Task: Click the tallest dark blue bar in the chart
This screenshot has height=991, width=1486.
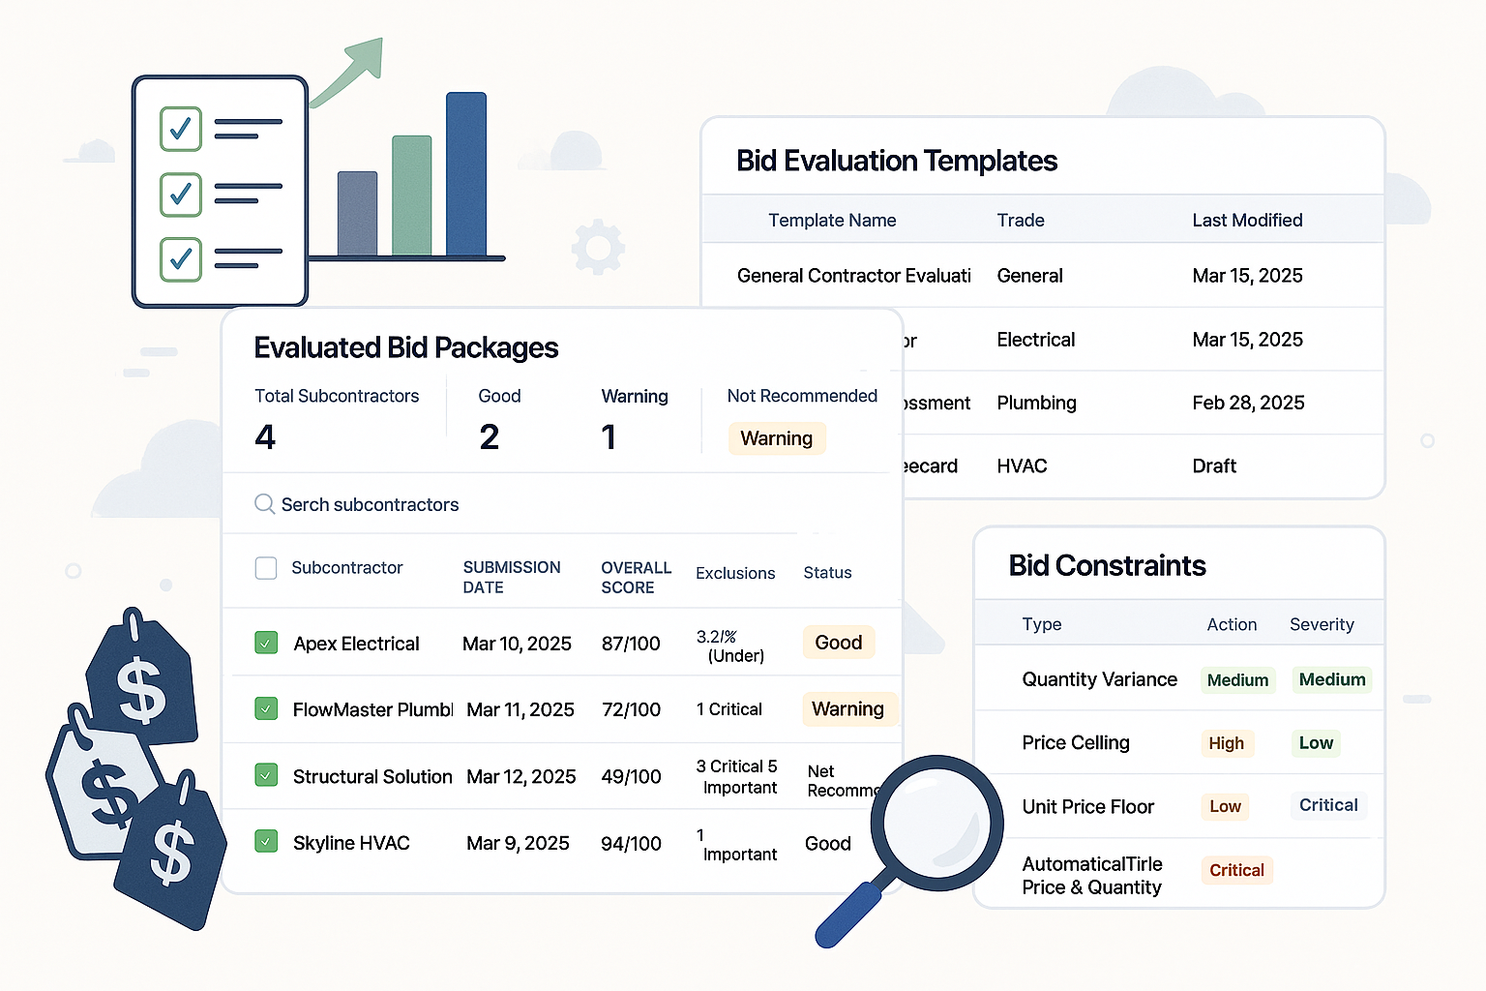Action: click(466, 174)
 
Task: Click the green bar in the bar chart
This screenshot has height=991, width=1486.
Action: click(411, 195)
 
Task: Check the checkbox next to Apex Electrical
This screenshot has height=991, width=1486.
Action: click(266, 643)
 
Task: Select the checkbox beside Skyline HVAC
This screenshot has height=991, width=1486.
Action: click(266, 842)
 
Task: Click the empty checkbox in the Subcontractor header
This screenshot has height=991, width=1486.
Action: click(266, 568)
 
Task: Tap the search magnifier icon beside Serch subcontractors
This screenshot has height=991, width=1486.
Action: click(264, 504)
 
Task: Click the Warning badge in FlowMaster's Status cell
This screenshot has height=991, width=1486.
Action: click(847, 709)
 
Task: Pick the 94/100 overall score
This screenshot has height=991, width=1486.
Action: click(631, 844)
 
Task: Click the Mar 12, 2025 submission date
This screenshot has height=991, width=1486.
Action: click(520, 776)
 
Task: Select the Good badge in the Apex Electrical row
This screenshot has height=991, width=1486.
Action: click(838, 643)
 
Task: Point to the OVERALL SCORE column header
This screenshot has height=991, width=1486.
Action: click(636, 577)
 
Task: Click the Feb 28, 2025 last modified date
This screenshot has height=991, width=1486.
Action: click(1248, 403)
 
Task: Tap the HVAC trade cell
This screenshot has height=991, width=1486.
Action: click(1022, 466)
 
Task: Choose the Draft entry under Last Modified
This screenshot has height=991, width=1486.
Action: click(1214, 466)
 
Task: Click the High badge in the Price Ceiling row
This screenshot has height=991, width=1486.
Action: click(1226, 743)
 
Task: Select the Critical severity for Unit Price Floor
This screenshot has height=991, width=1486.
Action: click(1328, 805)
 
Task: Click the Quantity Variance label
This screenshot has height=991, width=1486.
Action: click(1099, 679)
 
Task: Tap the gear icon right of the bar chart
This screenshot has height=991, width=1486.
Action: click(598, 247)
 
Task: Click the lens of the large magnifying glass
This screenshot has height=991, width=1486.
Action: click(936, 822)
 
